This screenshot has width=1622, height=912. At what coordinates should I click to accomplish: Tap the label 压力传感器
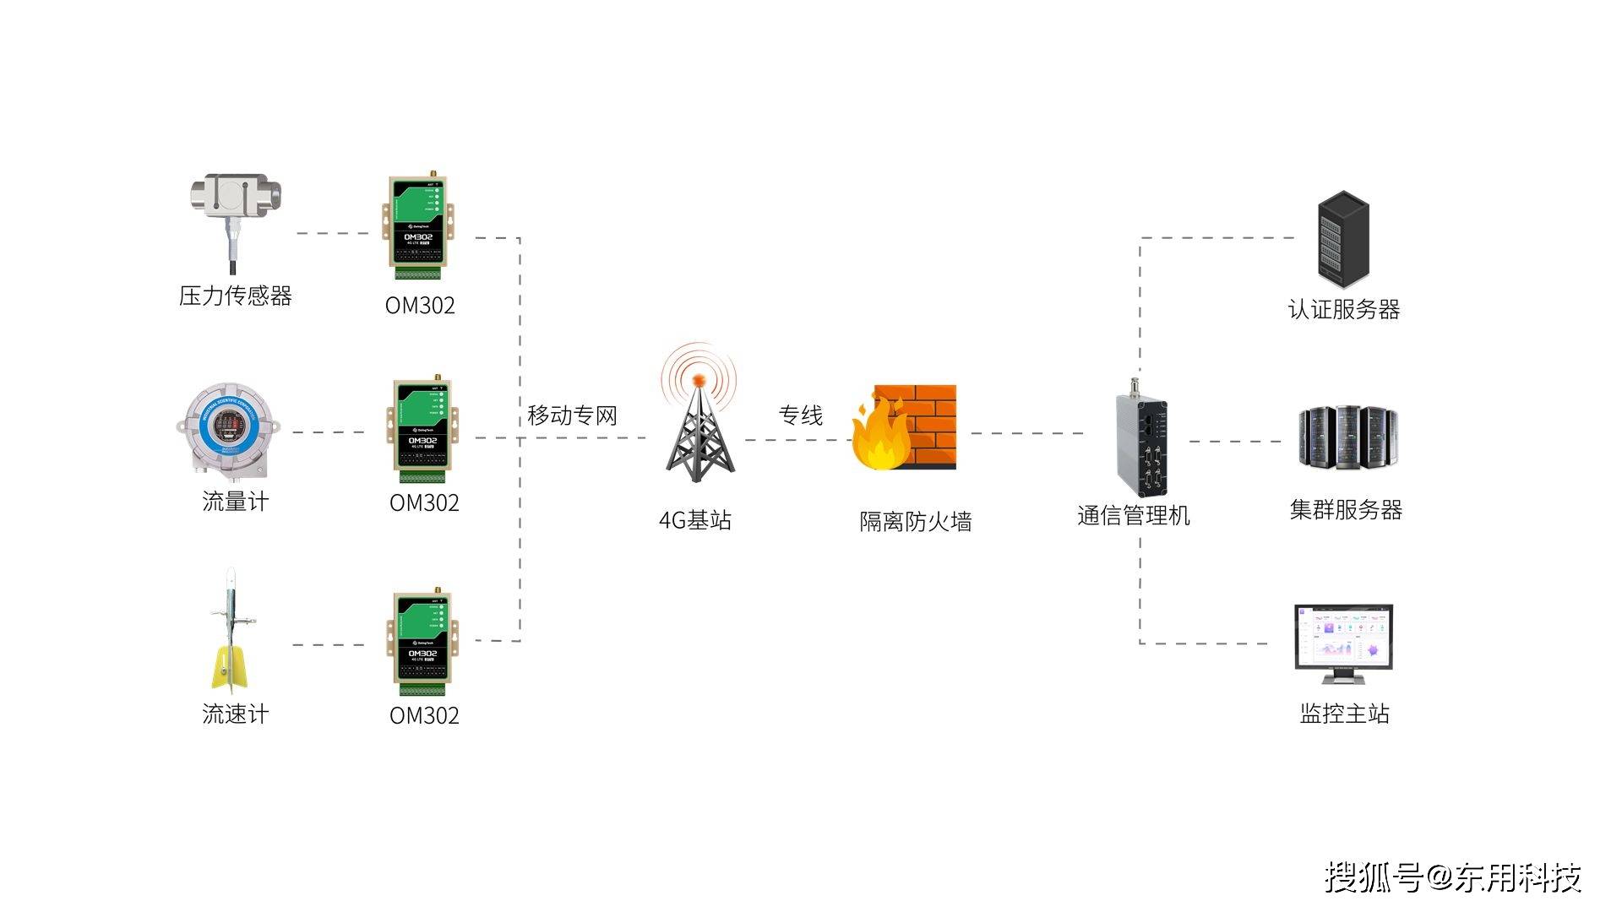point(235,296)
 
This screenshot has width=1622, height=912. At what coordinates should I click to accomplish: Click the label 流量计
point(235,502)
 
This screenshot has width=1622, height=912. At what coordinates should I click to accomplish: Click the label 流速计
point(235,714)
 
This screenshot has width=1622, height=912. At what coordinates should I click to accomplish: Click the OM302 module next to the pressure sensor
point(419,226)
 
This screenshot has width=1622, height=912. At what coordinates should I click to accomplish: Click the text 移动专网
point(572,415)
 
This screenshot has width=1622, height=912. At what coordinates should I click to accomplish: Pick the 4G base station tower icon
point(699,418)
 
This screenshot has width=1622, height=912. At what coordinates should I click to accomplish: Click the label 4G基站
point(695,520)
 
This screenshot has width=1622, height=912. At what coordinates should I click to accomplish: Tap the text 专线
point(800,415)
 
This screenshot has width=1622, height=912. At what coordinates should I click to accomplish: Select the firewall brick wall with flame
point(904,427)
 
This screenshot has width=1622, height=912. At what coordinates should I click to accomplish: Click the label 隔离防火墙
point(915,522)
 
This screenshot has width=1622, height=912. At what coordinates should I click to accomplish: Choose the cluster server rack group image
point(1347,438)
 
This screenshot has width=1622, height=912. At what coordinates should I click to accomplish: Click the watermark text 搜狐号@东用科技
point(1452,877)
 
